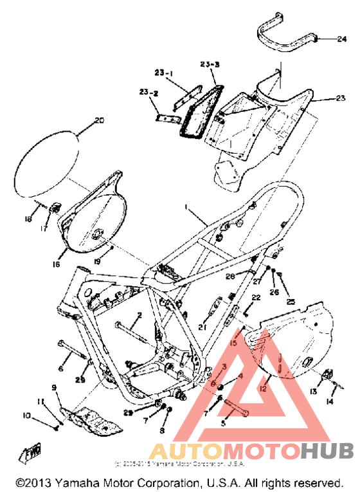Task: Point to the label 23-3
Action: point(210,65)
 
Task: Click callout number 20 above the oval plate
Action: point(98,120)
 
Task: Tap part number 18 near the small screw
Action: point(28,219)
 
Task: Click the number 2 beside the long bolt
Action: point(139,314)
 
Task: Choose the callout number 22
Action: point(256,298)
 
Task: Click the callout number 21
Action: point(203,327)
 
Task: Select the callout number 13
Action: point(314,391)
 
